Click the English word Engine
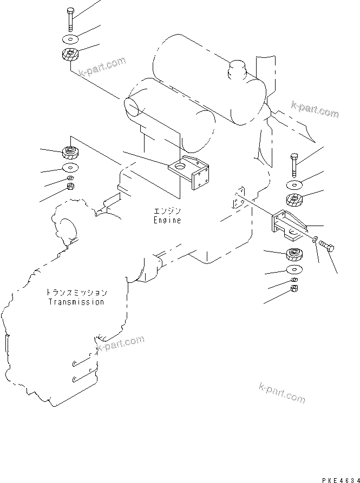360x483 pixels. tap(167, 221)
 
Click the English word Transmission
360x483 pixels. tap(76, 302)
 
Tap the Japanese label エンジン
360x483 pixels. tap(167, 211)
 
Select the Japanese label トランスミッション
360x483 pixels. tap(76, 292)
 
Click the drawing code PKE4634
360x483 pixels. tap(341, 480)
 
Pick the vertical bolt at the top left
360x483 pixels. tap(70, 19)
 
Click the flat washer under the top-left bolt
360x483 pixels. tap(70, 39)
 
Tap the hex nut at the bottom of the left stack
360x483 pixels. tap(70, 186)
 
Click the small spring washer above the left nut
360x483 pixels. tap(70, 178)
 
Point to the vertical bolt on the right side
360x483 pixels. tap(294, 165)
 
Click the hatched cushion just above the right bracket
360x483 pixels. tap(294, 201)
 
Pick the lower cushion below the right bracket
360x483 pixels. tap(294, 254)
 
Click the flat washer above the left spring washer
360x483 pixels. tap(70, 168)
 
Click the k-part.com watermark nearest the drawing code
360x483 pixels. tap(282, 393)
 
